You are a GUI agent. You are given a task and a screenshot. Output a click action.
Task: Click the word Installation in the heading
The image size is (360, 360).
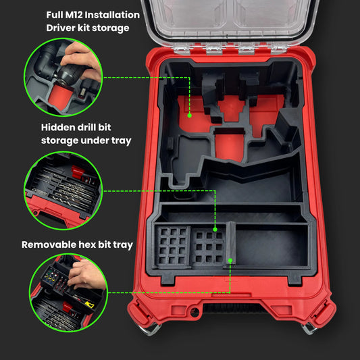[112, 15]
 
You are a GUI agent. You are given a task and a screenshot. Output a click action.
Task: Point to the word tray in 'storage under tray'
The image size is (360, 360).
[121, 140]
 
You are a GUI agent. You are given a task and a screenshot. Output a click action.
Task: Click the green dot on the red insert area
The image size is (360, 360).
[189, 115]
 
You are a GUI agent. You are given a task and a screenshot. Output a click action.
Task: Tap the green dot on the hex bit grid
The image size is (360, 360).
[215, 229]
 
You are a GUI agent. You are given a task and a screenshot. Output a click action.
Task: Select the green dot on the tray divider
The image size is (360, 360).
[230, 260]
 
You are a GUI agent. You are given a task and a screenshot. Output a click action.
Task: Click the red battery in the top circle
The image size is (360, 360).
[59, 97]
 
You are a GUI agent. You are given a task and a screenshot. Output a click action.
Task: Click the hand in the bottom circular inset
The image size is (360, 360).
[86, 274]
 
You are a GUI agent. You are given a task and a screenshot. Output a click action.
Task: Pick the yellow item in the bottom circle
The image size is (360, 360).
[90, 305]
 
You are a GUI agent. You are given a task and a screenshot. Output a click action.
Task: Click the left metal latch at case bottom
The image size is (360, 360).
[151, 330]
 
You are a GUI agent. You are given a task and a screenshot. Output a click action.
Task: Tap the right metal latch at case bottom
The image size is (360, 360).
[309, 328]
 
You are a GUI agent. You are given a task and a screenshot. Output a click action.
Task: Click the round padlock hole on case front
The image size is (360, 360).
[195, 313]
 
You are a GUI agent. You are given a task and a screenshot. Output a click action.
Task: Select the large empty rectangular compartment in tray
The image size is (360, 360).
[272, 247]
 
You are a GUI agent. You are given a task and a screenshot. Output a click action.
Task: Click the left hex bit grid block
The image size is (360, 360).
[173, 246]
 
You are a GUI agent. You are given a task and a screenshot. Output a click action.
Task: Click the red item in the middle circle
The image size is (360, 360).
[78, 172]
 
